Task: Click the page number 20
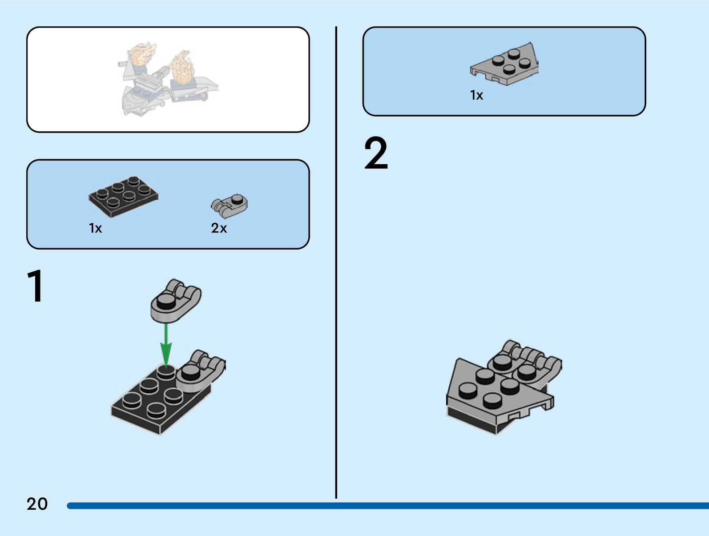37,504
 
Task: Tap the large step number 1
35,286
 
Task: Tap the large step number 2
376,153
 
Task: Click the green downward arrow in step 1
166,345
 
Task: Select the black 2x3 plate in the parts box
123,196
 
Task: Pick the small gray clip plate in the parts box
230,205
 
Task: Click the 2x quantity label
219,228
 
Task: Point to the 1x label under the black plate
95,228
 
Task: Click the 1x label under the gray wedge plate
476,95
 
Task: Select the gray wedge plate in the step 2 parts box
505,65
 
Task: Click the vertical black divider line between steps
336,262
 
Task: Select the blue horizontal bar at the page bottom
387,506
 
